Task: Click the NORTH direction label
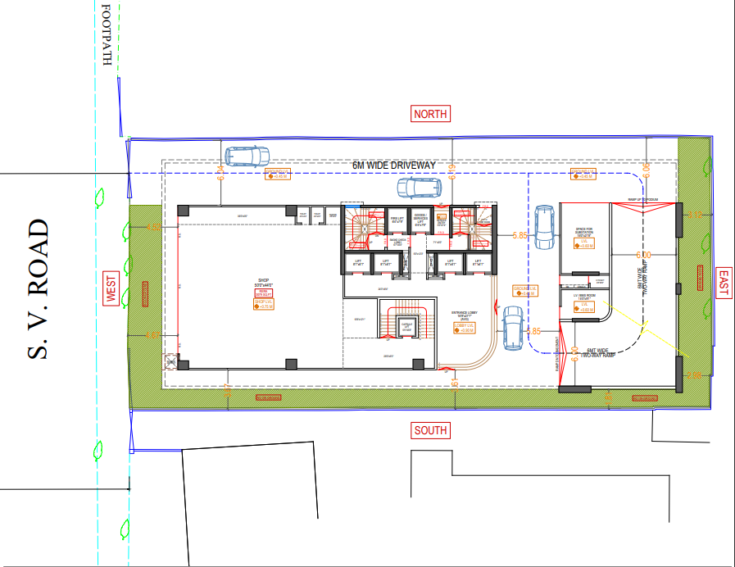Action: point(430,114)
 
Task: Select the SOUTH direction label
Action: point(430,431)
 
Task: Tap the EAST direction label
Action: point(723,283)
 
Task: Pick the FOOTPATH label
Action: point(106,37)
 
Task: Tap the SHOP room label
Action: point(263,283)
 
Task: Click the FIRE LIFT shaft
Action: point(397,220)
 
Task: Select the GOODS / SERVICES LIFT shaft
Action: point(420,220)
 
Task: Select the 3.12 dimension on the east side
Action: point(693,215)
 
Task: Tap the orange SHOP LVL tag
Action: point(263,304)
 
